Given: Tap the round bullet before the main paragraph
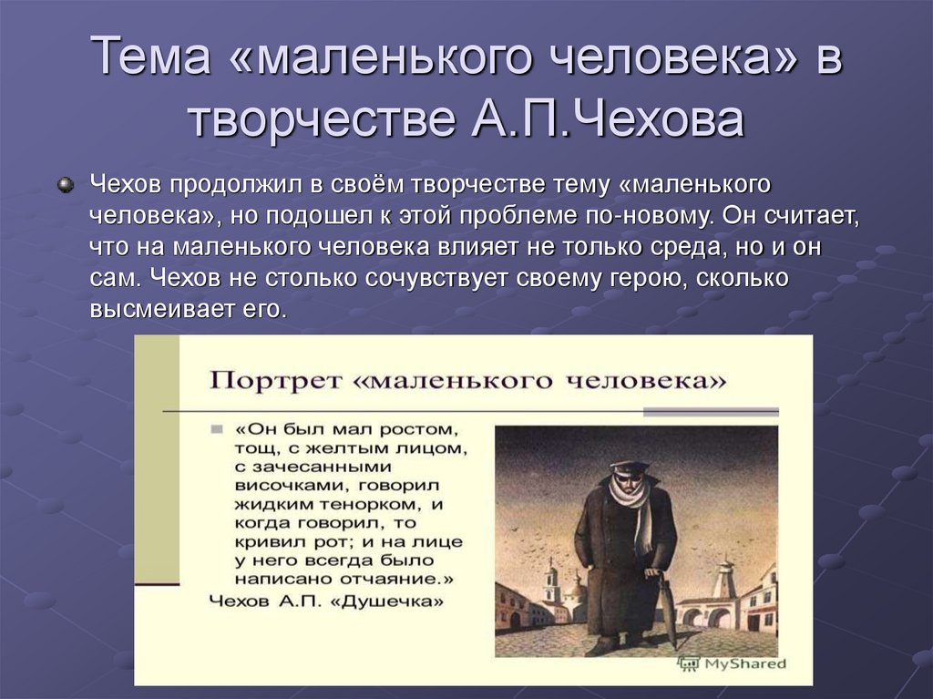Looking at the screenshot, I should tap(65, 185).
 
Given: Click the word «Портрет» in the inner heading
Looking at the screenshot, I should tap(267, 379).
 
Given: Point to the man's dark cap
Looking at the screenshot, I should tap(630, 468).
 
